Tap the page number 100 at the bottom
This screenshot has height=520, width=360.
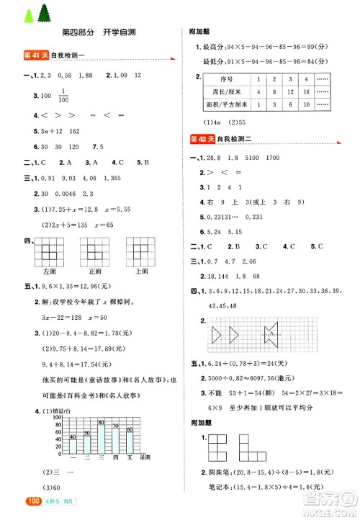tap(16, 501)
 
